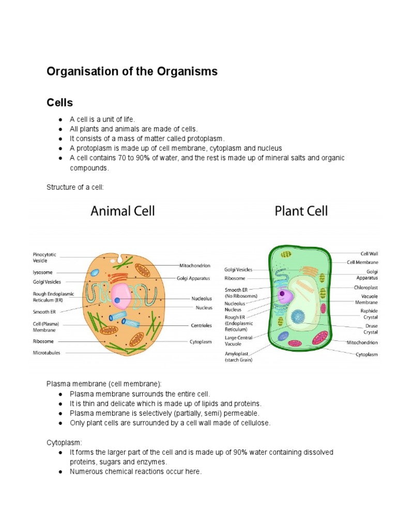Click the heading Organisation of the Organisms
point(132,72)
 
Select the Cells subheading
point(59,103)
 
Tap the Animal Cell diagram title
point(123,211)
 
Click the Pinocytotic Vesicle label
point(44,257)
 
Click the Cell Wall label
point(367,254)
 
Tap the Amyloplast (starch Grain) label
point(238,356)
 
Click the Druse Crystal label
point(369,329)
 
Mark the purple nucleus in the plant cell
point(284,296)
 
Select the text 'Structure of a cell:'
point(75,186)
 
